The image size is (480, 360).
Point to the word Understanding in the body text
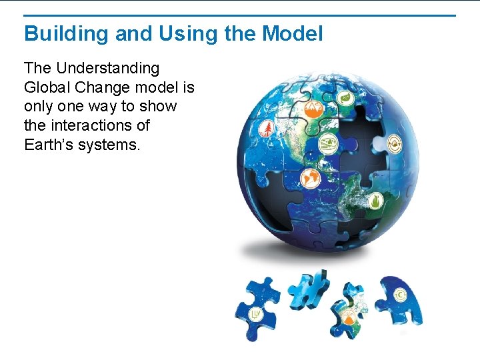(108, 68)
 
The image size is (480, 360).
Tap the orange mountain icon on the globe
(313, 109)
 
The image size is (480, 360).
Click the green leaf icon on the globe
(346, 99)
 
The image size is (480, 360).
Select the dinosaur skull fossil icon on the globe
(327, 143)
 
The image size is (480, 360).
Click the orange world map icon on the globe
(310, 177)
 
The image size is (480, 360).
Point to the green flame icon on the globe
(375, 199)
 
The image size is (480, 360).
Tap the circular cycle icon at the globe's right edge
(395, 143)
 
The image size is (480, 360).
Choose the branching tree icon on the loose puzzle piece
(255, 314)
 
